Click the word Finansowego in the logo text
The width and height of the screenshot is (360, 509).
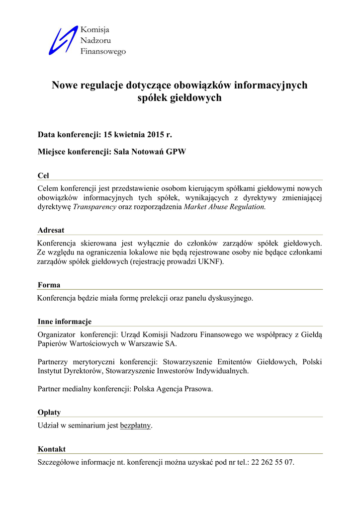(x=103, y=51)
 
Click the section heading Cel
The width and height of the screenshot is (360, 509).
(x=43, y=176)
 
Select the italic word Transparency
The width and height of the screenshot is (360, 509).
(x=94, y=207)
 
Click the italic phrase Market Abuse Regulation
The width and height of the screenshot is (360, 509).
(x=225, y=207)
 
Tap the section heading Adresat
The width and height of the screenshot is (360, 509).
(x=51, y=231)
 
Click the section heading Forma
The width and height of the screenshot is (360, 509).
(x=49, y=285)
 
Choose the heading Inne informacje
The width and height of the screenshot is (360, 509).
(x=65, y=322)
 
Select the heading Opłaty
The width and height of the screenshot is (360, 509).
(x=49, y=413)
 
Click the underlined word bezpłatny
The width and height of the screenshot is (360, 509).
(x=135, y=425)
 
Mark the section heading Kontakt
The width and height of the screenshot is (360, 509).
(x=52, y=449)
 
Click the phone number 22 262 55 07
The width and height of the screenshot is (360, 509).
(x=272, y=462)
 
